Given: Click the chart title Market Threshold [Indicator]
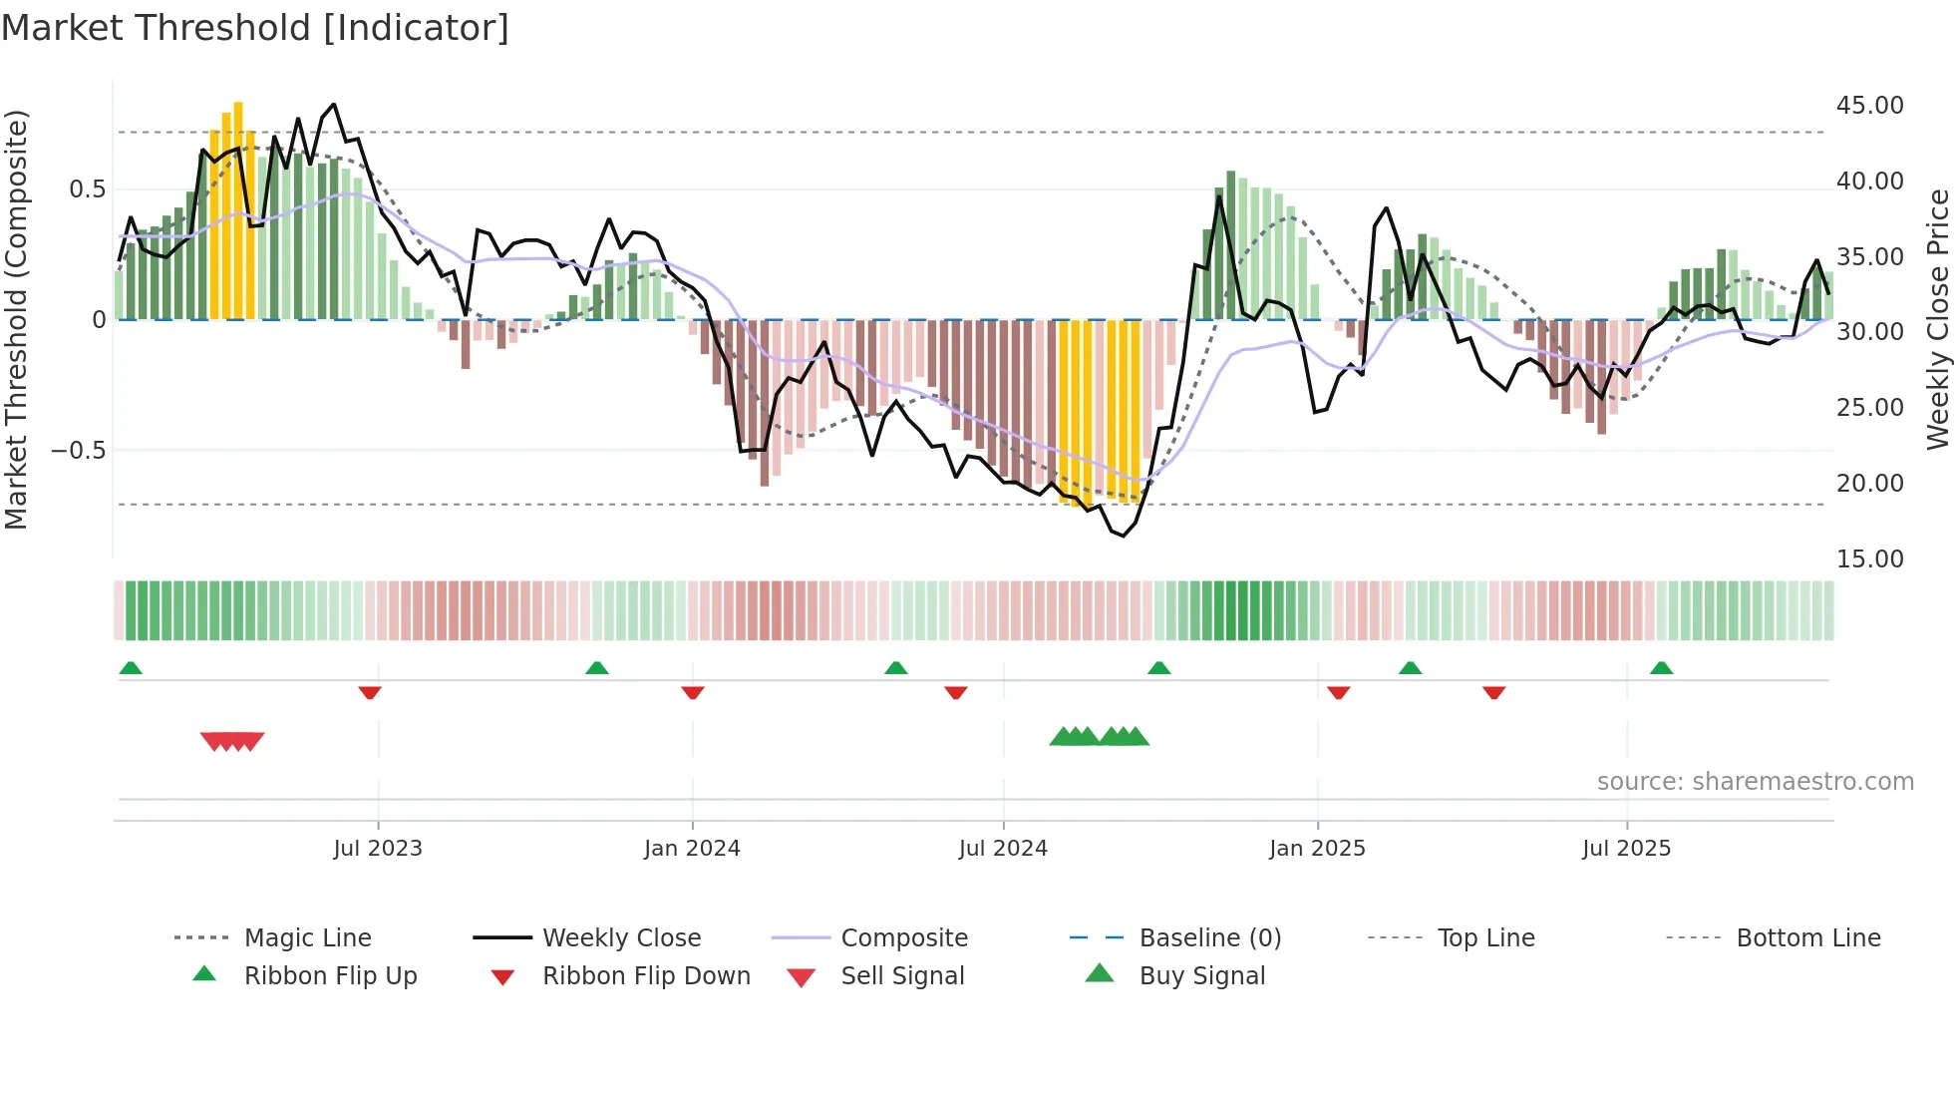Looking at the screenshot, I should (255, 28).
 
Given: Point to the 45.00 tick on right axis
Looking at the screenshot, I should (1869, 106).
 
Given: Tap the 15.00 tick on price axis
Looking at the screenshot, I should (1869, 559).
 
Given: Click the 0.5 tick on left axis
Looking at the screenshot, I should (87, 189).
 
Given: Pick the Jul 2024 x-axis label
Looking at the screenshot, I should (1003, 849).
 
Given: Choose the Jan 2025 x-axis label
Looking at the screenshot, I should (1317, 849).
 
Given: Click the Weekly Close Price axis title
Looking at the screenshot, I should (1937, 319).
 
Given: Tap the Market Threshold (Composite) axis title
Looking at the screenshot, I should (16, 319).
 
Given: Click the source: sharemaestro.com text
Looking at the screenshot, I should (1755, 782).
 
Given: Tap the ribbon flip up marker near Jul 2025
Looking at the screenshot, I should (1661, 668).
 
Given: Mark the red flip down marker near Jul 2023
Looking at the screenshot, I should (370, 692).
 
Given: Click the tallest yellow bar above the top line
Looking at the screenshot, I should (238, 209).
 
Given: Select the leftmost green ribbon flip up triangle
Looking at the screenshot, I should (131, 668).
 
